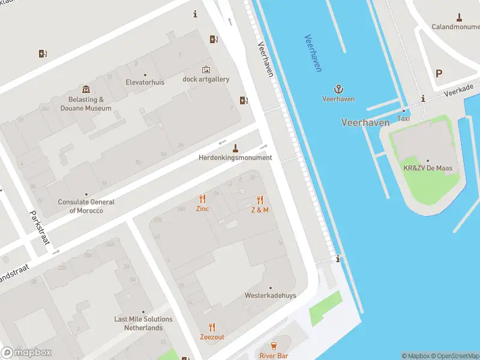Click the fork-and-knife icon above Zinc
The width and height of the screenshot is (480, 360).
pyautogui.click(x=202, y=199)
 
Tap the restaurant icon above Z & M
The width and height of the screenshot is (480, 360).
pyautogui.click(x=260, y=199)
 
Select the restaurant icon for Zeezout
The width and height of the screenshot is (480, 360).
pyautogui.click(x=212, y=327)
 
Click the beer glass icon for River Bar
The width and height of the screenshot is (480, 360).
pyautogui.click(x=274, y=346)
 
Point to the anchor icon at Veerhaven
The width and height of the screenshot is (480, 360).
pyautogui.click(x=338, y=88)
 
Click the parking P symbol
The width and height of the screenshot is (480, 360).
pyautogui.click(x=439, y=74)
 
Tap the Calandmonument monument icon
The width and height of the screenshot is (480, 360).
pyautogui.click(x=460, y=17)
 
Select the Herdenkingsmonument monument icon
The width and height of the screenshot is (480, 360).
pyautogui.click(x=235, y=148)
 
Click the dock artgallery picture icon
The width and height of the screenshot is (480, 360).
pyautogui.click(x=206, y=70)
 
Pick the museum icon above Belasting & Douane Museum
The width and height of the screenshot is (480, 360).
pyautogui.click(x=86, y=89)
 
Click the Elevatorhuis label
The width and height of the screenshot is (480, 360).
pyautogui.click(x=145, y=82)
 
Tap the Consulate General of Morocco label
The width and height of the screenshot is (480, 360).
pyautogui.click(x=86, y=206)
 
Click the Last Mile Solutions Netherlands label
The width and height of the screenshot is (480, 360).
pyautogui.click(x=143, y=323)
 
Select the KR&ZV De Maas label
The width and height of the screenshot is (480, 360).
pyautogui.click(x=427, y=169)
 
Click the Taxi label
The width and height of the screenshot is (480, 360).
pyautogui.click(x=403, y=119)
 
